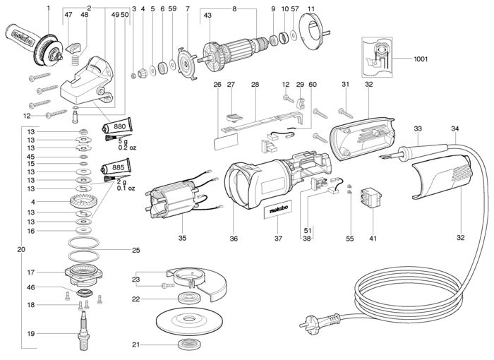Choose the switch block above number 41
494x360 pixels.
[x=371, y=197]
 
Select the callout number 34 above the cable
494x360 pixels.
[x=455, y=129]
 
